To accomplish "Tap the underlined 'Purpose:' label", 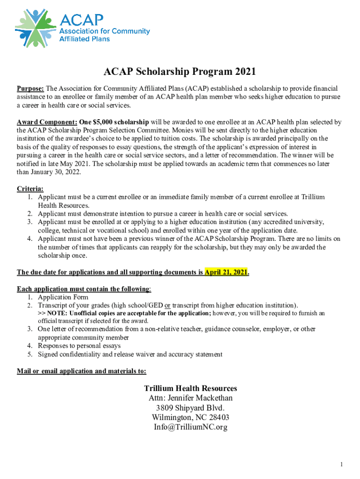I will (30, 88).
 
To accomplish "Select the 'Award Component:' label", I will (47, 122).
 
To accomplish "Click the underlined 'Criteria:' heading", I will (30, 189).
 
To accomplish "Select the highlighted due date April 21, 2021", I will (226, 272).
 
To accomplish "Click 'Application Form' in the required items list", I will (63, 297).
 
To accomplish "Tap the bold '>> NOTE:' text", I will (52, 313).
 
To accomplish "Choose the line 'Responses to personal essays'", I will (79, 346).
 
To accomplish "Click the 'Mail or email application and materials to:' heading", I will (81, 371).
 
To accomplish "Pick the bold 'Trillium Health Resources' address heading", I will (190, 388).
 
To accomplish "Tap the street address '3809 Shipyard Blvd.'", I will (190, 408).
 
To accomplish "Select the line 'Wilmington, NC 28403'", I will (190, 417).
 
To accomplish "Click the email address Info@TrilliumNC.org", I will (190, 427).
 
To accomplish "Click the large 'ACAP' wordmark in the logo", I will (81, 19).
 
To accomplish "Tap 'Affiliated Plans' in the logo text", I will (84, 39).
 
